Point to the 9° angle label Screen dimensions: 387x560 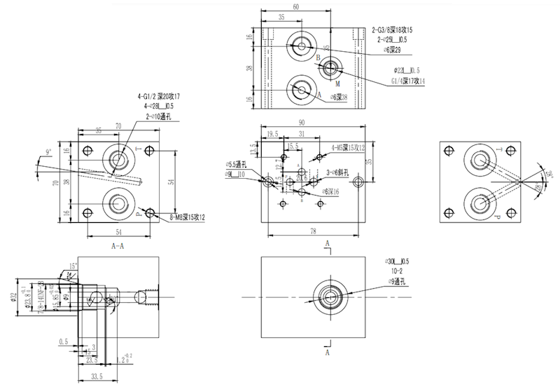48,151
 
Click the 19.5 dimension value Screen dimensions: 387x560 272,133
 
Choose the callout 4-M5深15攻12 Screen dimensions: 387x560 348,147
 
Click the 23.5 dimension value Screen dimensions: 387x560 91,359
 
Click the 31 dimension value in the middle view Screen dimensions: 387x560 302,133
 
